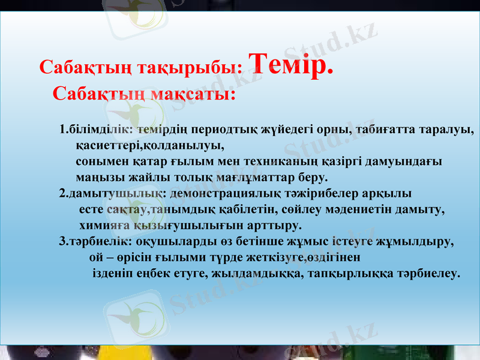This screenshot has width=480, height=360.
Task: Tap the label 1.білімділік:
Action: pos(97,129)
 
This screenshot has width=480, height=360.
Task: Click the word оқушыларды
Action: pos(162,242)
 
